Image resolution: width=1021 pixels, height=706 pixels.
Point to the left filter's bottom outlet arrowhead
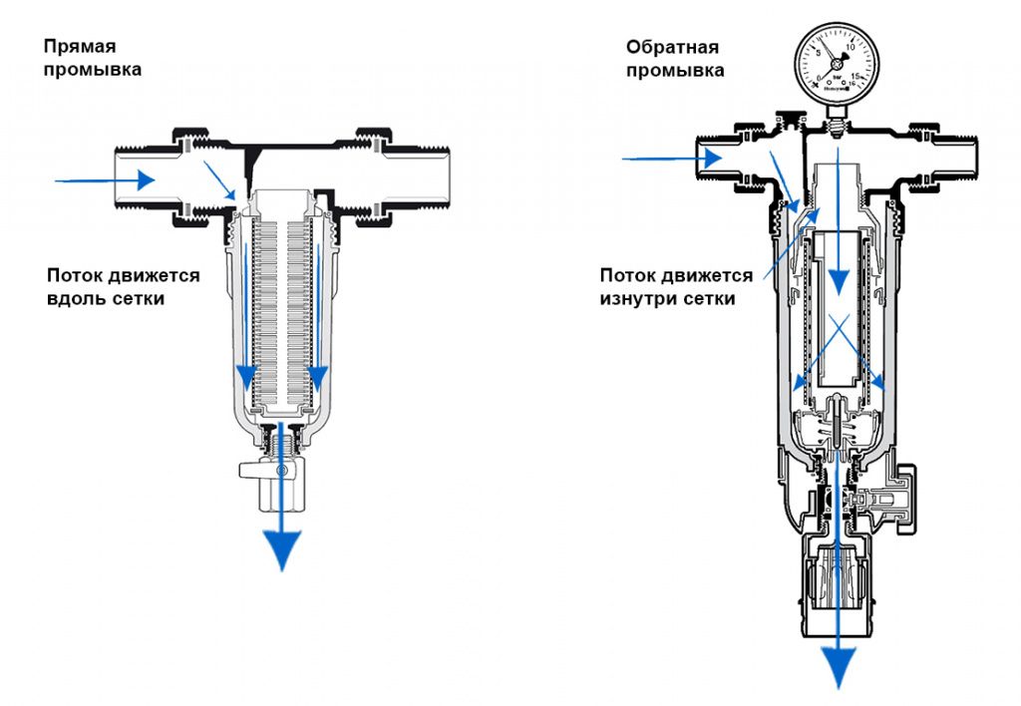pyautogui.click(x=283, y=547)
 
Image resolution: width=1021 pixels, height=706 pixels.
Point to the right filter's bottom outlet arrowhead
pyautogui.click(x=837, y=663)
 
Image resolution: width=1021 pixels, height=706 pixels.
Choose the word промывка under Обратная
pyautogui.click(x=675, y=71)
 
